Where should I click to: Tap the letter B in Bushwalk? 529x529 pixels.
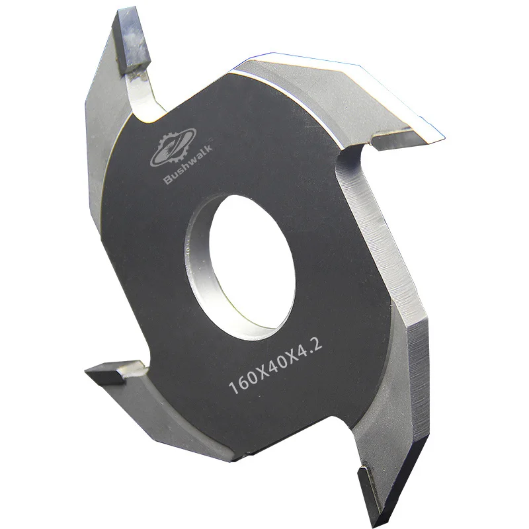point(168,179)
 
